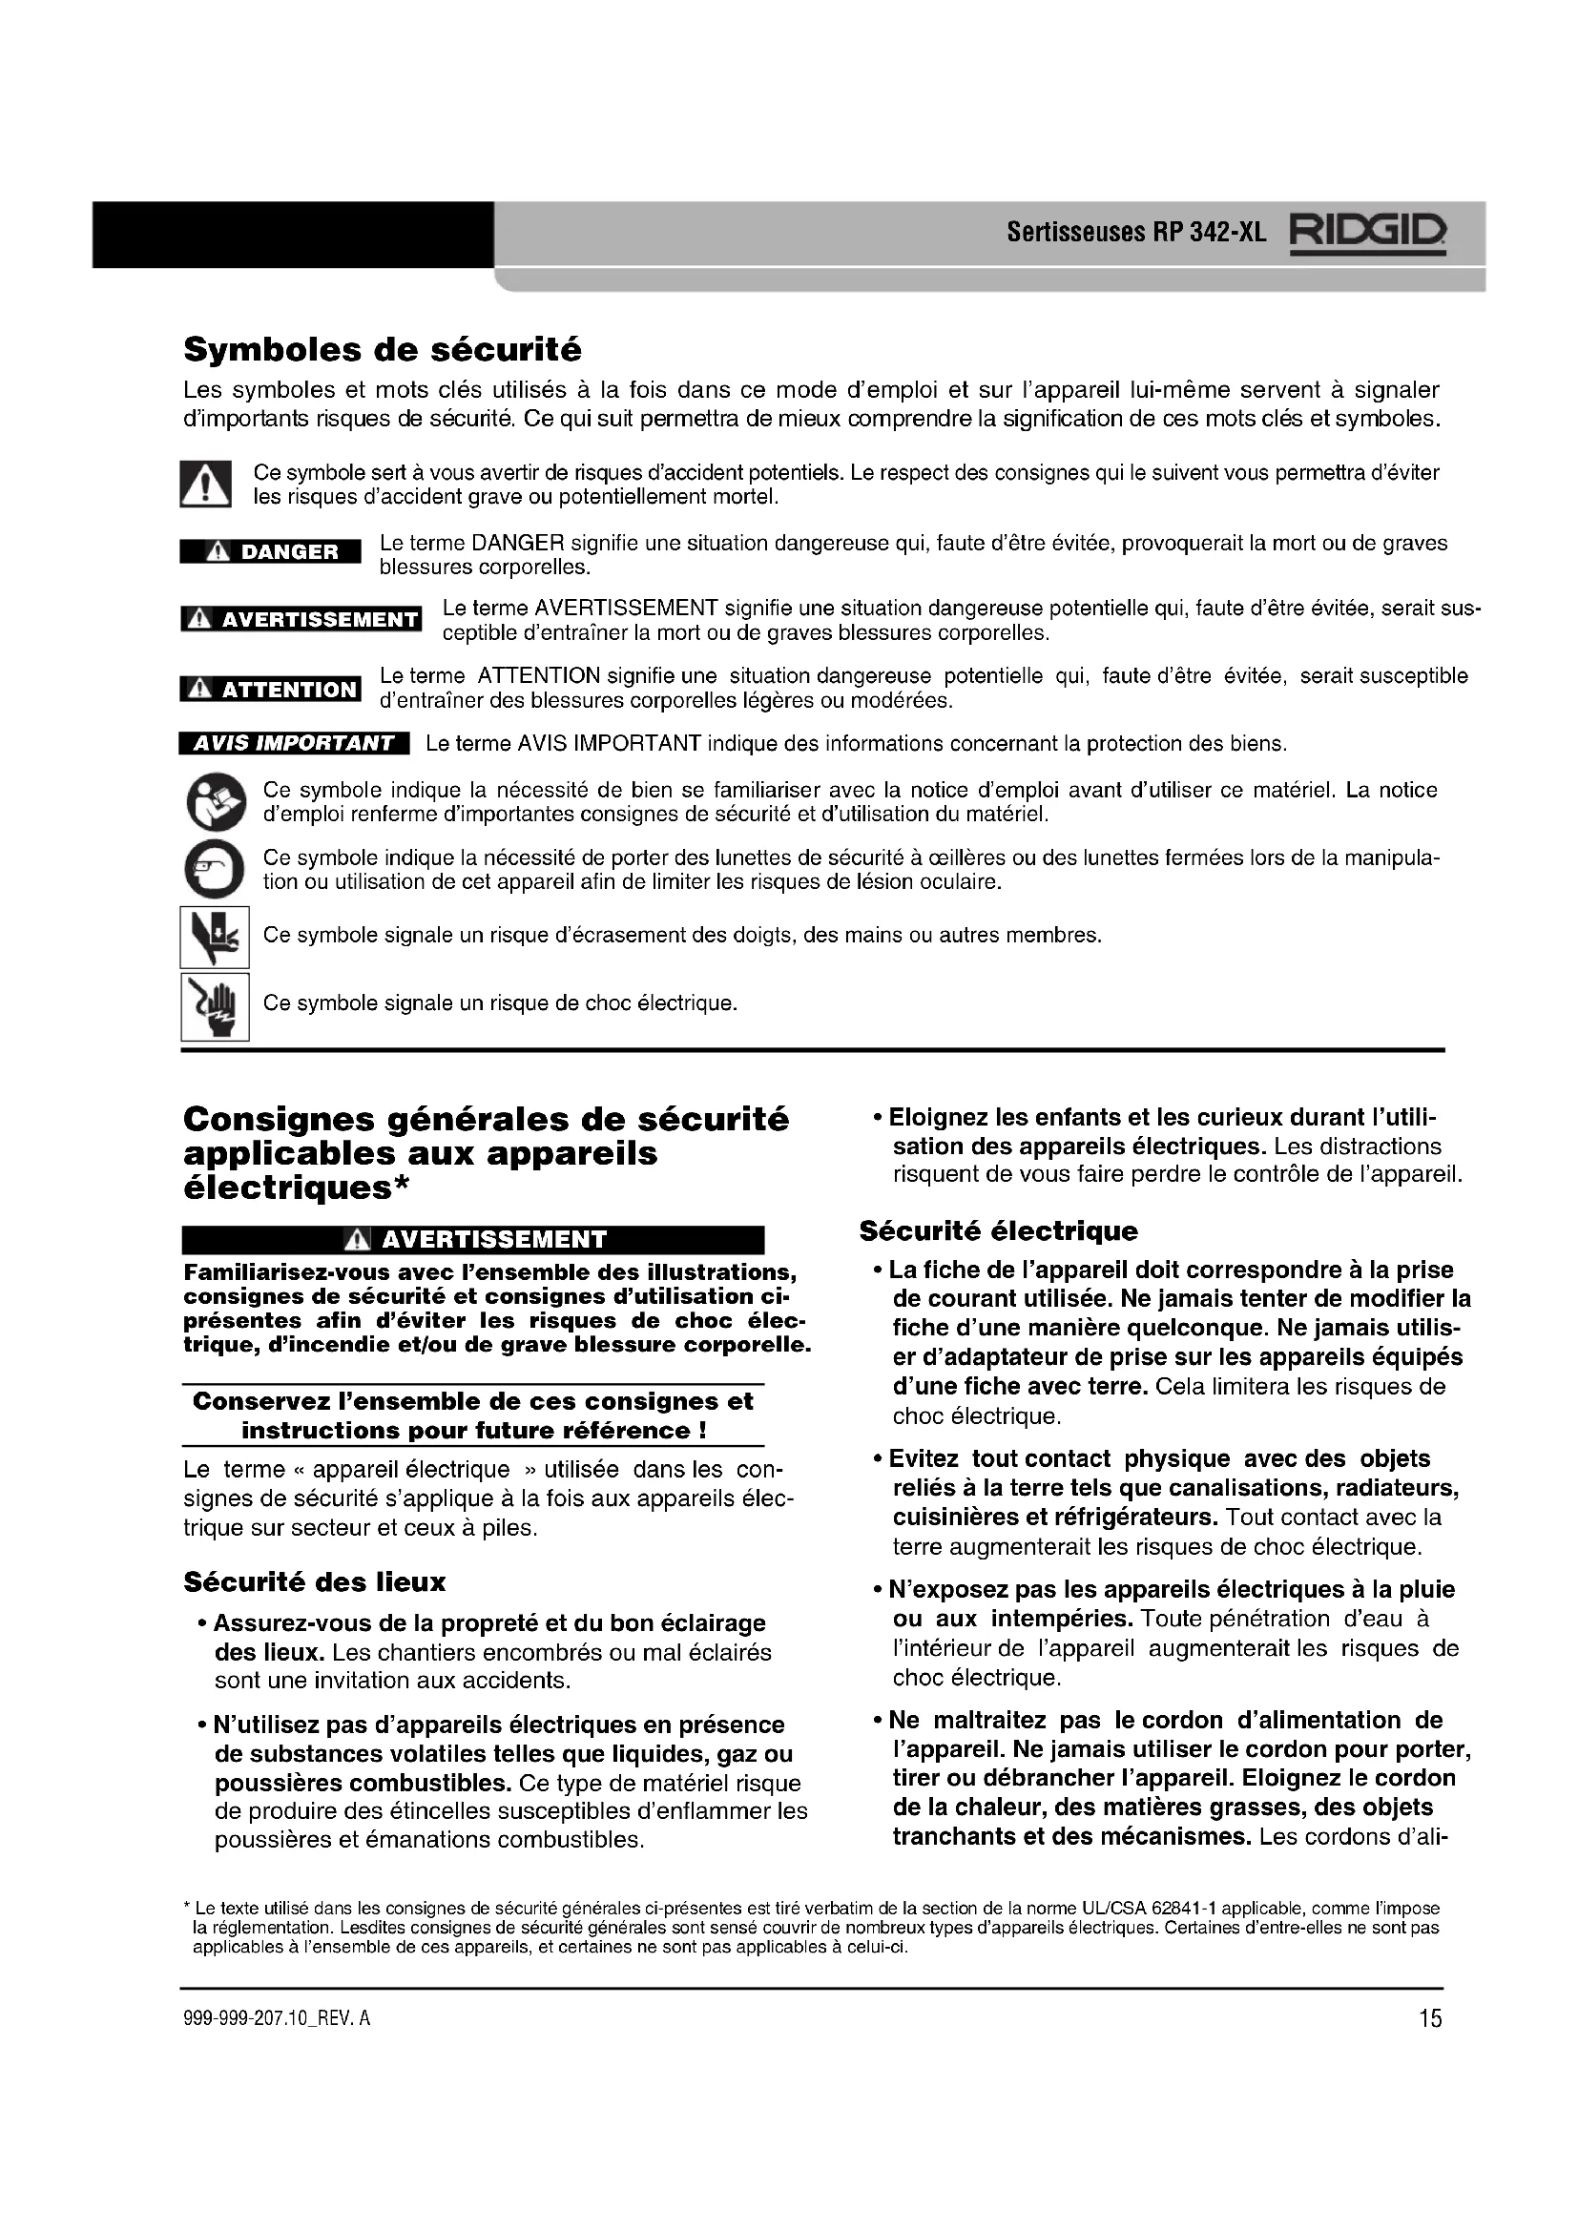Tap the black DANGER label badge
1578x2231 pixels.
pos(270,552)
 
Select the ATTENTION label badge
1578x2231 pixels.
pos(270,690)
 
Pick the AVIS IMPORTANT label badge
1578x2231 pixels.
pos(294,743)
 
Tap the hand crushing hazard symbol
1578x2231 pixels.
pos(215,937)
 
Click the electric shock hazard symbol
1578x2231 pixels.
pos(215,1006)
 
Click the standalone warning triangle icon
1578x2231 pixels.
pos(205,484)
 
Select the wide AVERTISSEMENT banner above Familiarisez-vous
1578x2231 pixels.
pos(473,1240)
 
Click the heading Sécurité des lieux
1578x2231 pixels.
pos(314,1583)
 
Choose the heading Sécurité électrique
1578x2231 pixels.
pos(998,1231)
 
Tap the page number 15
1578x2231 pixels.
pos(1429,2019)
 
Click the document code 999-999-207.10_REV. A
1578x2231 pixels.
pos(277,2019)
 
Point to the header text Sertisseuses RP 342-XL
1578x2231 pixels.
pos(1136,233)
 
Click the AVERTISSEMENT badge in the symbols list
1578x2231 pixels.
pos(301,620)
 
